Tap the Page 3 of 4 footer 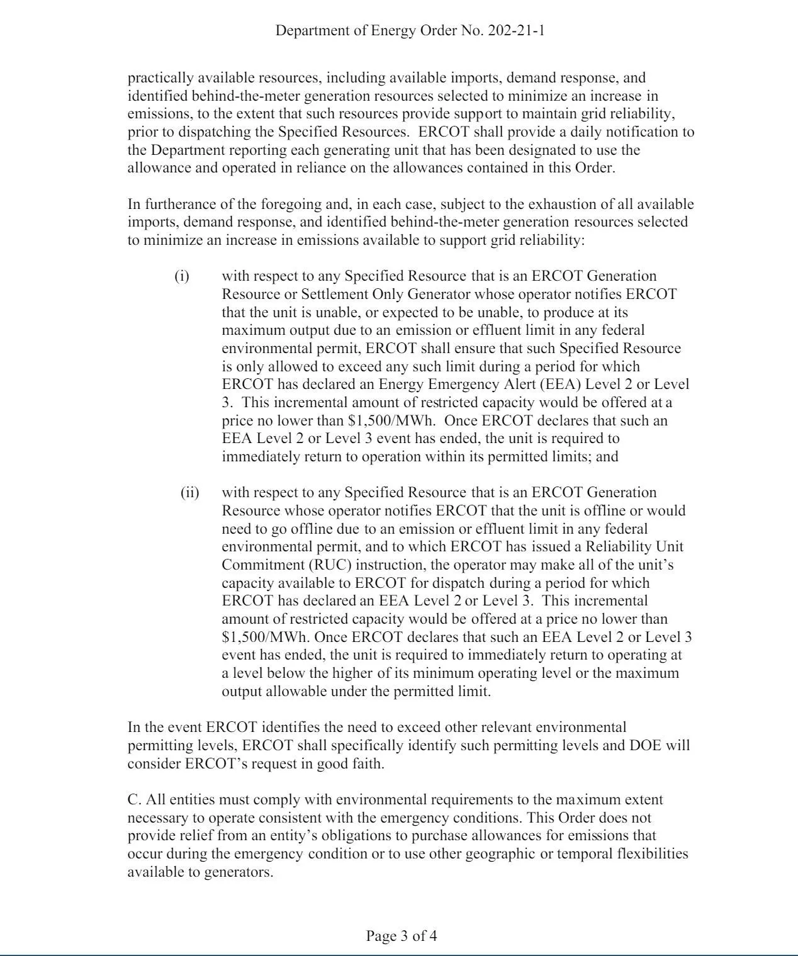point(402,936)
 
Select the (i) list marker point(181,276)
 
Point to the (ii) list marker point(189,493)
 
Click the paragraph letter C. point(133,800)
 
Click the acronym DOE point(644,746)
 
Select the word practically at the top point(160,79)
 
